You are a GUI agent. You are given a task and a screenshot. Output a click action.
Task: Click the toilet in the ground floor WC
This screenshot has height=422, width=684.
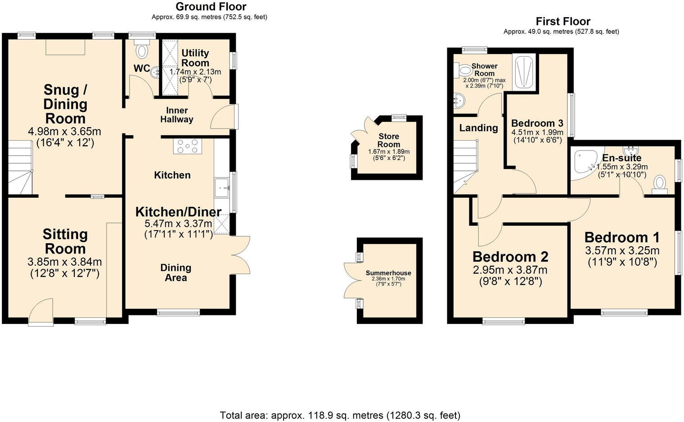[x=142, y=49]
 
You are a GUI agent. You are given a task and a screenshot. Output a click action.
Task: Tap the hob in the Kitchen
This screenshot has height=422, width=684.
[x=188, y=146]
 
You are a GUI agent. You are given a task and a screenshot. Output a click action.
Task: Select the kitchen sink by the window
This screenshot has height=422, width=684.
[x=222, y=187]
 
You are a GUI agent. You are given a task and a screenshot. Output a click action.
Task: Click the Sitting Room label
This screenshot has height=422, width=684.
[x=65, y=241]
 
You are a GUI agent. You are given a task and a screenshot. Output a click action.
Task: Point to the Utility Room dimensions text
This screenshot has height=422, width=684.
[x=195, y=76]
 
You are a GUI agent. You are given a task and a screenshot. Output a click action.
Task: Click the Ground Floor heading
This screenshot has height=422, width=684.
[x=211, y=7]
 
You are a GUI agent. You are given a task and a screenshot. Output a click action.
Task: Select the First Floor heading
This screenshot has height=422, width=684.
[x=562, y=21]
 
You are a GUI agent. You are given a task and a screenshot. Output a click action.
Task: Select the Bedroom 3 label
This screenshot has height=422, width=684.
[x=537, y=123]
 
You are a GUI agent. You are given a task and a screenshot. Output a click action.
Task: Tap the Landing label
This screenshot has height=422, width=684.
[x=478, y=128]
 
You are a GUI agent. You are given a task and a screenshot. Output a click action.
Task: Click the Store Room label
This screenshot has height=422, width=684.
[x=389, y=140]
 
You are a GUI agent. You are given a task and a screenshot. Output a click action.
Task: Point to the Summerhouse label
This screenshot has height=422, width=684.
[x=388, y=273]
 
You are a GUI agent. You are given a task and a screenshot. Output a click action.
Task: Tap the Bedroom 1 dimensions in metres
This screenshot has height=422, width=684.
[x=622, y=250]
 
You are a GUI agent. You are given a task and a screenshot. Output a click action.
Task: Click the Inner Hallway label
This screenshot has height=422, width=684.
[x=177, y=115]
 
